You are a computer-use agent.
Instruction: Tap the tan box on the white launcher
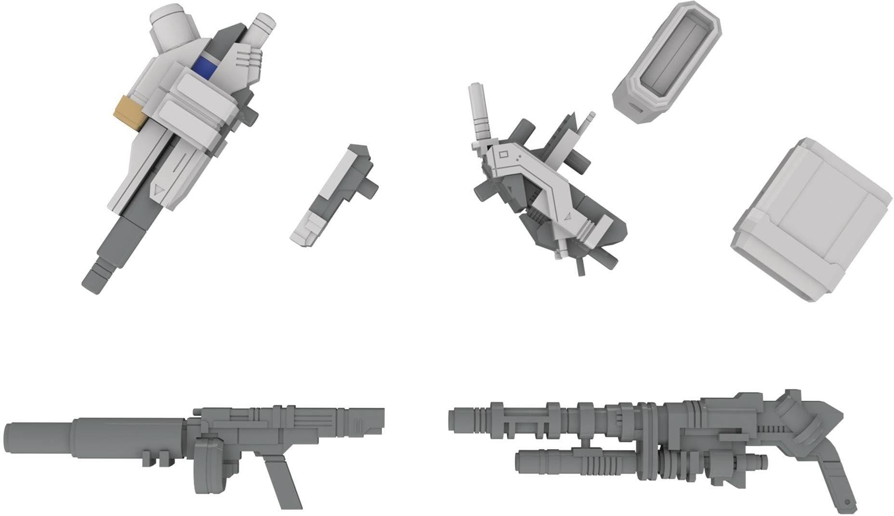coord(127,112)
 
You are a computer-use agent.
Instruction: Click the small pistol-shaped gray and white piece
coord(332,193)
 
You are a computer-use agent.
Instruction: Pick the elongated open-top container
coord(667,63)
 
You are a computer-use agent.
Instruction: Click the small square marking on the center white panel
coord(504,155)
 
